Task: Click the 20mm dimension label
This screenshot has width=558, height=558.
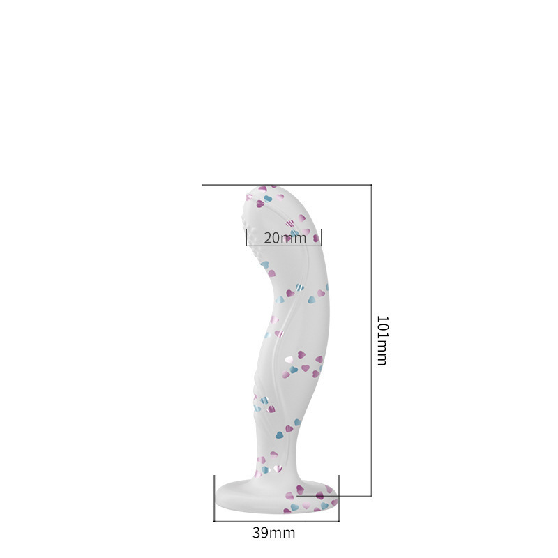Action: pos(285,238)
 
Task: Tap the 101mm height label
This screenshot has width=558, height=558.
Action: pos(382,340)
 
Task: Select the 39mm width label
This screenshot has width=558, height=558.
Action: pos(273,534)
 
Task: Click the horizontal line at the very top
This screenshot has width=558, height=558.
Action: pos(286,185)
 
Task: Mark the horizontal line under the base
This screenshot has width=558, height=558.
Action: pos(276,520)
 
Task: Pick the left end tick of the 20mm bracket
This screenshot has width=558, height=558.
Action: pos(247,237)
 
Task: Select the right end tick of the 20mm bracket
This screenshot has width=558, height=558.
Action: pos(321,237)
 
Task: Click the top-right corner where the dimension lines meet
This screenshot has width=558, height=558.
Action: pos(372,185)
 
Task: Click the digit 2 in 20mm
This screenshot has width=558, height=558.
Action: pos(268,238)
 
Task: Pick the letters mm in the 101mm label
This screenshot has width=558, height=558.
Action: pos(382,355)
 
